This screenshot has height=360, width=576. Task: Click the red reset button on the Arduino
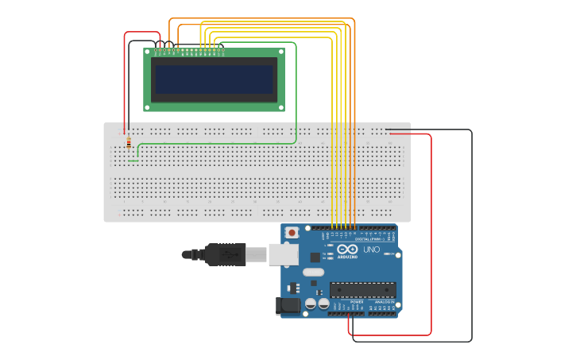[x=292, y=233]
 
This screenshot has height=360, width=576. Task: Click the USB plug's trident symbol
[x=230, y=254]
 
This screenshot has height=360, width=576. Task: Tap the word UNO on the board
[x=371, y=250]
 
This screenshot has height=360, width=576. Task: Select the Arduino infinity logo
[x=347, y=249]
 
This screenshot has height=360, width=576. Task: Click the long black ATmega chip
[x=362, y=290]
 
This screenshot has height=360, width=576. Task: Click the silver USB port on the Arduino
[x=281, y=254]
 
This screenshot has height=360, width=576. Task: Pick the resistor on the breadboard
[x=129, y=142]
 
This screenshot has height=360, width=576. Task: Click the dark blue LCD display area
[x=214, y=79]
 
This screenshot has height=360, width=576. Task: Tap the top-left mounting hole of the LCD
[x=148, y=52]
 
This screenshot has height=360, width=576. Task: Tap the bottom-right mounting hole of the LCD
[x=280, y=106]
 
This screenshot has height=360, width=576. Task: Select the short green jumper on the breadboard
[x=133, y=161]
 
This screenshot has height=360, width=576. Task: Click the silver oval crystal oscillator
[x=314, y=272]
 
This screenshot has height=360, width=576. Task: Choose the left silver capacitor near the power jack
[x=311, y=304]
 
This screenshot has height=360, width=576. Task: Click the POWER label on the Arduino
[x=356, y=302]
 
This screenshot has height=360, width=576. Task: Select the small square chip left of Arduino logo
[x=315, y=257]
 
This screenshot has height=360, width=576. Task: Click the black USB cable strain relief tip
[x=187, y=254]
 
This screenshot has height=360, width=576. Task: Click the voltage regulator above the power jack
[x=293, y=287]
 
